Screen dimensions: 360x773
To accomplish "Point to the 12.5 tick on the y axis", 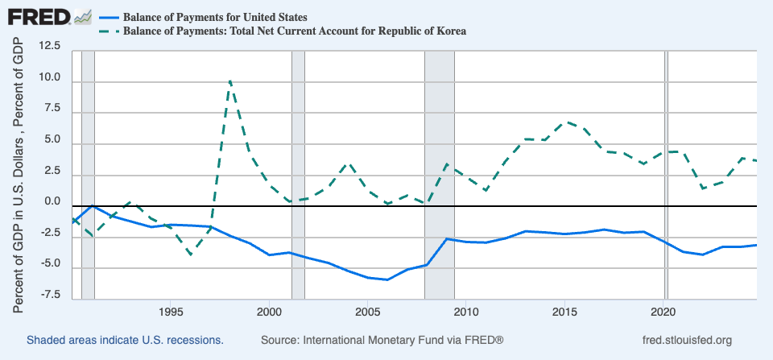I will click(x=49, y=47).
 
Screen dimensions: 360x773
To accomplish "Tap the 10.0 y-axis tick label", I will click(x=49, y=77).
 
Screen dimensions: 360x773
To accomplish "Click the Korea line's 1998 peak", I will click(x=229, y=81).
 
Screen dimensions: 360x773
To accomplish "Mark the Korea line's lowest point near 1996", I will click(x=191, y=254).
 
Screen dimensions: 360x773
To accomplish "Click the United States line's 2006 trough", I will click(x=387, y=279).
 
